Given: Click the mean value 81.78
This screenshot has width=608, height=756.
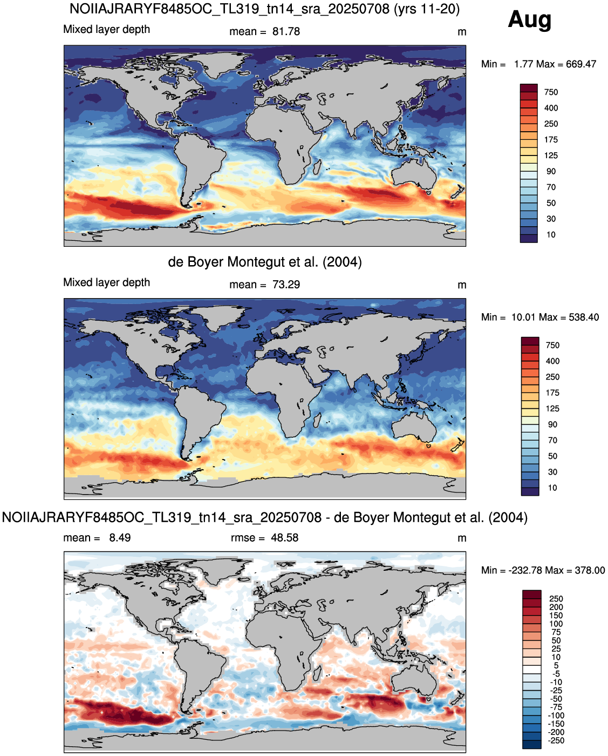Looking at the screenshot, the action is tap(286, 32).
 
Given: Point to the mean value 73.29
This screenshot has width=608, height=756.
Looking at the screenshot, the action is tap(286, 285).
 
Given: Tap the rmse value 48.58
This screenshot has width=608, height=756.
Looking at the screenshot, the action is tap(284, 537).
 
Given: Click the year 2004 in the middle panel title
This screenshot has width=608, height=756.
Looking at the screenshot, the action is tap(341, 262).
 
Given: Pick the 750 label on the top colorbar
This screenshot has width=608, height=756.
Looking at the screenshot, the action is tap(551, 92).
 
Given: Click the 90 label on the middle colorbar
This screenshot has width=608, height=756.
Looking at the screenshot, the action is tap(552, 424).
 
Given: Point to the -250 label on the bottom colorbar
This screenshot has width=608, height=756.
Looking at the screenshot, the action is tap(556, 740).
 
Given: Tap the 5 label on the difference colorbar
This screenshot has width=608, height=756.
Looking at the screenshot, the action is tap(556, 665).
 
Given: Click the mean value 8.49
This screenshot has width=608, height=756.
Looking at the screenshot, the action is tap(120, 537).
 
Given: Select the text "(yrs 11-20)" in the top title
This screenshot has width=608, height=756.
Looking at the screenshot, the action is tap(427, 9).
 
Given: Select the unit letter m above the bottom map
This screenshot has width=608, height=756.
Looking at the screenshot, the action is tap(462, 538).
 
